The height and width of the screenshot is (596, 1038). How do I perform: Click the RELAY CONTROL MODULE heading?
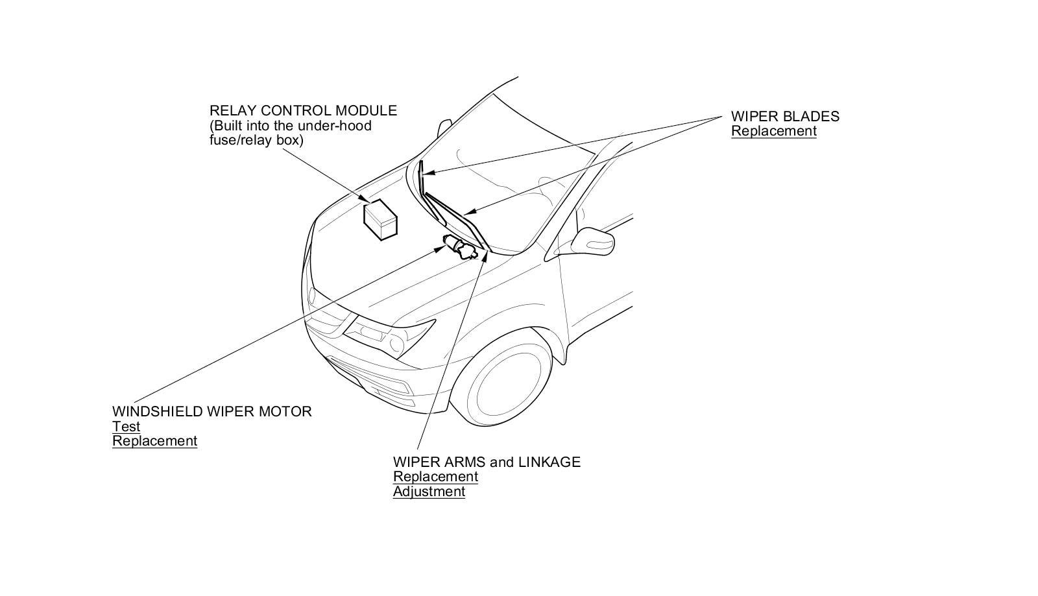click(303, 111)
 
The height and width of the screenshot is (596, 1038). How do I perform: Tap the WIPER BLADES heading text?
click(785, 117)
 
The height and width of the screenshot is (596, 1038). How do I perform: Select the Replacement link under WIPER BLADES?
click(773, 131)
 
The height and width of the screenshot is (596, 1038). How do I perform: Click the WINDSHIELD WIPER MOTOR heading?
click(211, 412)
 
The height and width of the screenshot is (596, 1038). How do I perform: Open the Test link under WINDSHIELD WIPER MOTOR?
click(126, 427)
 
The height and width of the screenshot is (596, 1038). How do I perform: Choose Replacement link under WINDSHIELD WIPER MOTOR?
click(154, 441)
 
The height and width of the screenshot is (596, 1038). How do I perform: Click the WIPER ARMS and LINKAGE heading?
click(487, 462)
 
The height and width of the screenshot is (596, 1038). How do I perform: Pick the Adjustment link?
click(429, 492)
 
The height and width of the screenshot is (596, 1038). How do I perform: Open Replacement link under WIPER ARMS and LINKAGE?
click(435, 477)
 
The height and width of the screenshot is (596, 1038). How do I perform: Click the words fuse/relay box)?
click(256, 139)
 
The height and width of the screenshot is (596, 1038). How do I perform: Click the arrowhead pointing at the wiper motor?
click(438, 248)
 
